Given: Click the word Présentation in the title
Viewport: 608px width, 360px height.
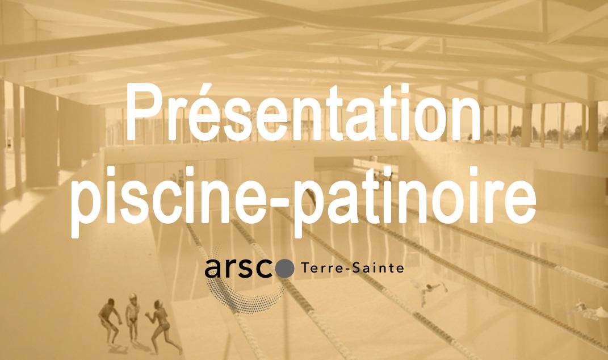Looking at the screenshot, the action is (303, 112).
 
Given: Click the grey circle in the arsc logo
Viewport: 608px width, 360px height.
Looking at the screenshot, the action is (286, 269).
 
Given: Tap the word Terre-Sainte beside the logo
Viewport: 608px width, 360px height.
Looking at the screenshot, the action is (353, 267).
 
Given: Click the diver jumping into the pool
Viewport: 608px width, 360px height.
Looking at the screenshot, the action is (430, 291).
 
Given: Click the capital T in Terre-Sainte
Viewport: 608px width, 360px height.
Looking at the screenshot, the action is (305, 268).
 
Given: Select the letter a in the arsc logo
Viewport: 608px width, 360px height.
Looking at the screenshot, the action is (212, 269).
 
